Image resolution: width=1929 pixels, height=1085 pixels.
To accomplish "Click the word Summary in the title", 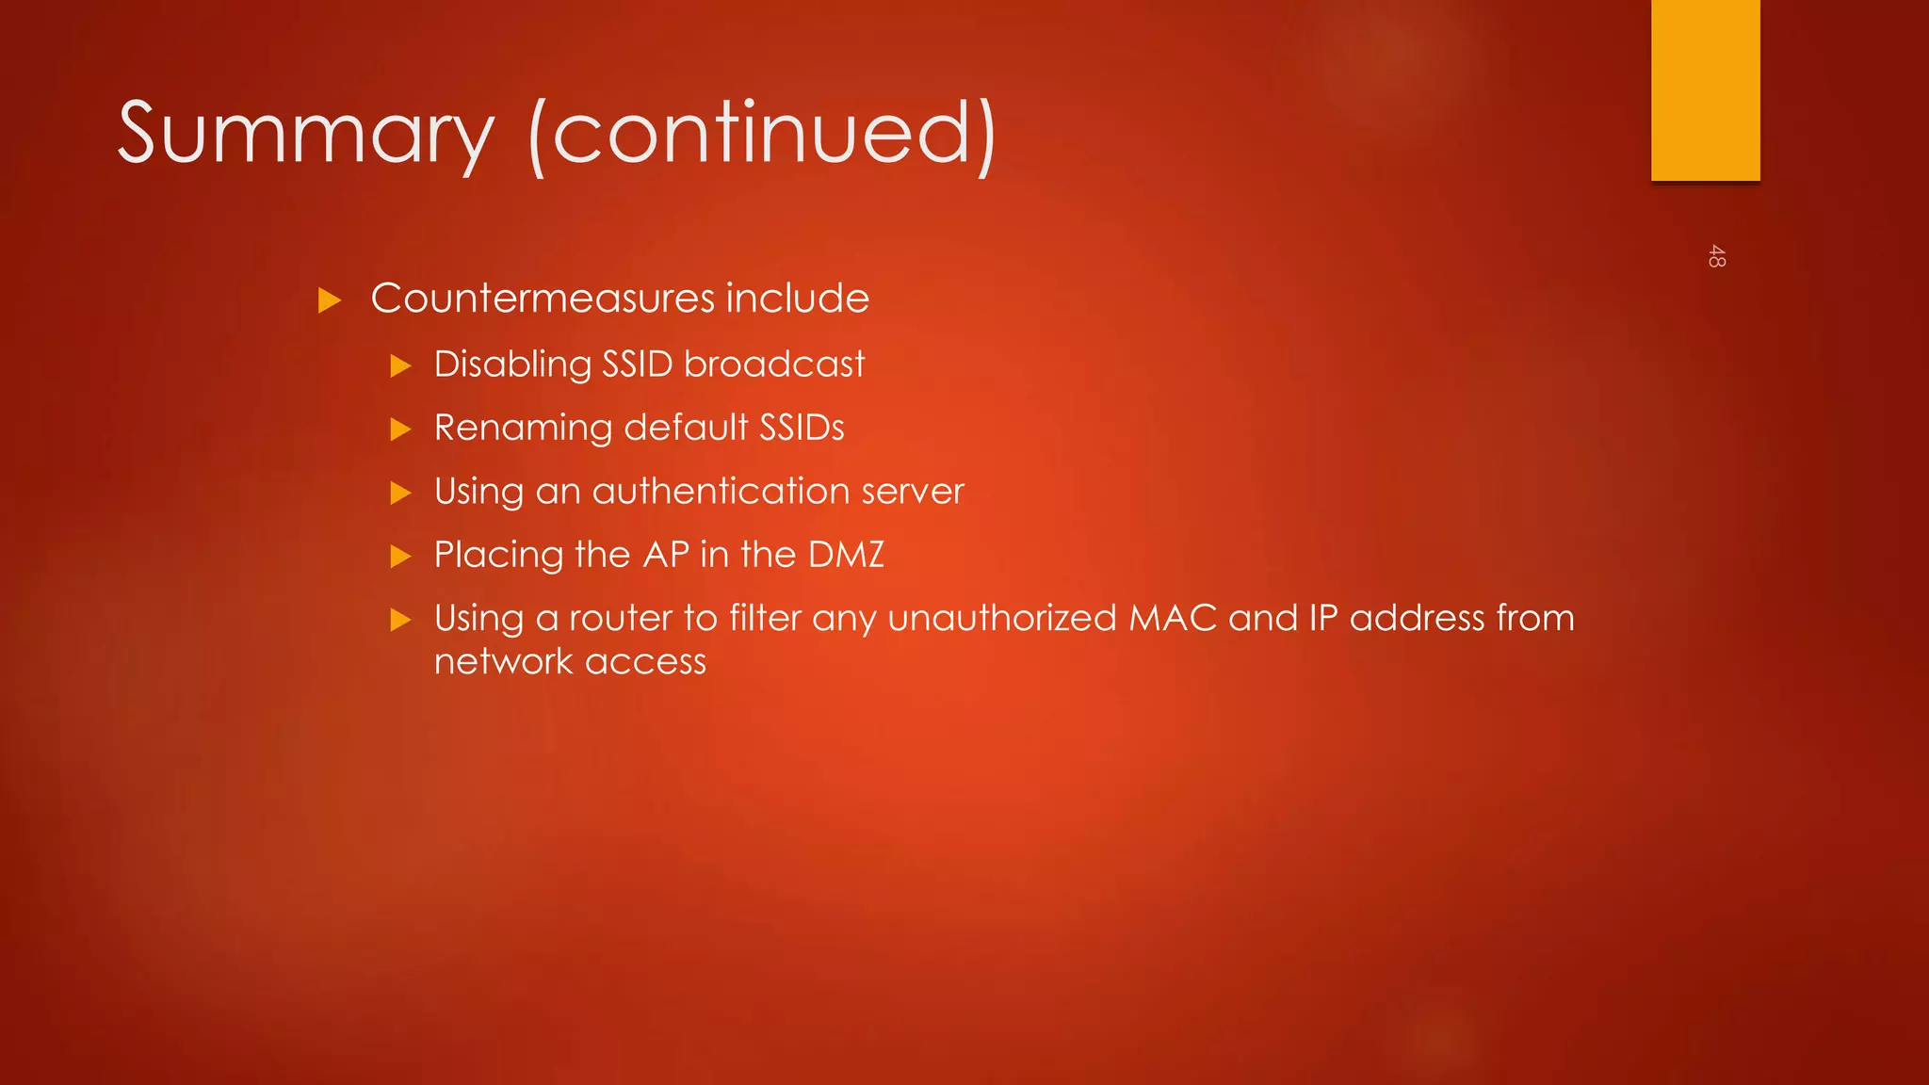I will [305, 134].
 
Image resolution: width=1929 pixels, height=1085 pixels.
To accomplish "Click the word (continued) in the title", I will [763, 134].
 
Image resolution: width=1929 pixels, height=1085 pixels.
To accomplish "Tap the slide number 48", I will [1716, 256].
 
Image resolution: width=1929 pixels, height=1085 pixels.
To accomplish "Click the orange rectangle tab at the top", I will [1705, 89].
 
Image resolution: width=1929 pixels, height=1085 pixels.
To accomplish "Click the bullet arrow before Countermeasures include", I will [329, 300].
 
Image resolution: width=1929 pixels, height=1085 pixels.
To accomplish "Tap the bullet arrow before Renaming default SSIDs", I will [401, 429].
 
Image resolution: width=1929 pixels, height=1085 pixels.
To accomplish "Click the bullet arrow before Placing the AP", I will [401, 557].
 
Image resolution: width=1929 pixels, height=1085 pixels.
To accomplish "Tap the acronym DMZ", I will [846, 555].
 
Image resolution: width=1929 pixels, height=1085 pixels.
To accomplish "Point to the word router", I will [621, 619].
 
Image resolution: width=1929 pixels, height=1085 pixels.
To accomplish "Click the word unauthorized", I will [1002, 619].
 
